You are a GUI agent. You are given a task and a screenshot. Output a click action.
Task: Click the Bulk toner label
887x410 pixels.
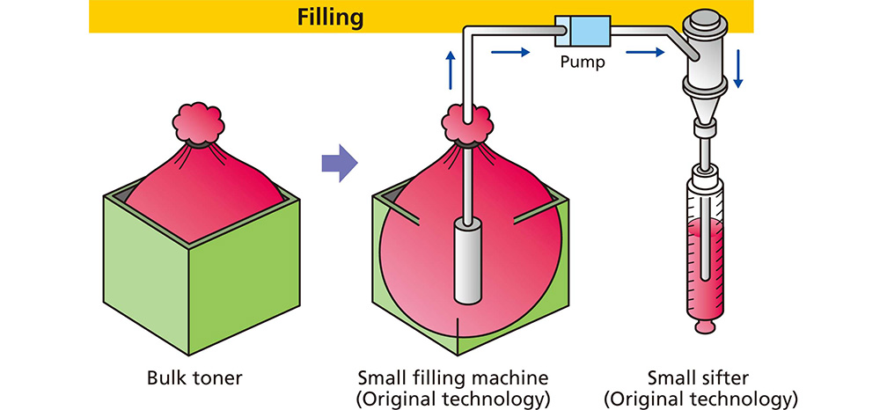(x=194, y=378)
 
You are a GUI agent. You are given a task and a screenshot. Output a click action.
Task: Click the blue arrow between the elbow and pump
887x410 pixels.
(x=510, y=52)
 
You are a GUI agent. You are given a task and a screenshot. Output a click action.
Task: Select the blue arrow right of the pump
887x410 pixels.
(x=648, y=52)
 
